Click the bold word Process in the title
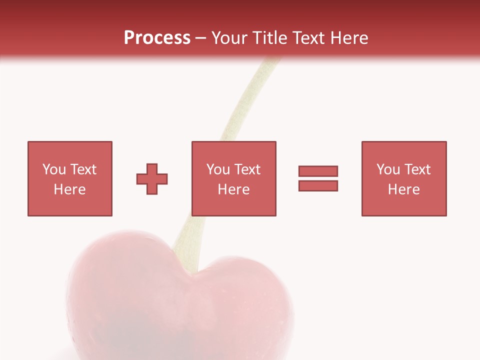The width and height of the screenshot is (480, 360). coord(157,38)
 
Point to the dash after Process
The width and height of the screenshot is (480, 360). coord(200,38)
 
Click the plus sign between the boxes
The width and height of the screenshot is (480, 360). coord(152,178)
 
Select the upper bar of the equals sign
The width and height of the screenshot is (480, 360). coord(318,171)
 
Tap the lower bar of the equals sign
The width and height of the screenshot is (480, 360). coord(318,185)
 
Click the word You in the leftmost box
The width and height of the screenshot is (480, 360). coord(54,169)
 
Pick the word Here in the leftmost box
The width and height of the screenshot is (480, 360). coord(69,189)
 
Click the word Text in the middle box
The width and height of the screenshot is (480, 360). coord(247,169)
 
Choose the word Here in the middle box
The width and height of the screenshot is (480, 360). coord(233,189)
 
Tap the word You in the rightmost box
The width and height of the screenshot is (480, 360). coord(388,169)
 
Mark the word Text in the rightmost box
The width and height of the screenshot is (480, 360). coord(417,169)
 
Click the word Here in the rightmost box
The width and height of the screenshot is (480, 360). coord(403,189)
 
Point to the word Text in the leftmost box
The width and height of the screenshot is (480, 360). coord(83,169)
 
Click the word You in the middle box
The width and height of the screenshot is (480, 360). coord(218,169)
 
